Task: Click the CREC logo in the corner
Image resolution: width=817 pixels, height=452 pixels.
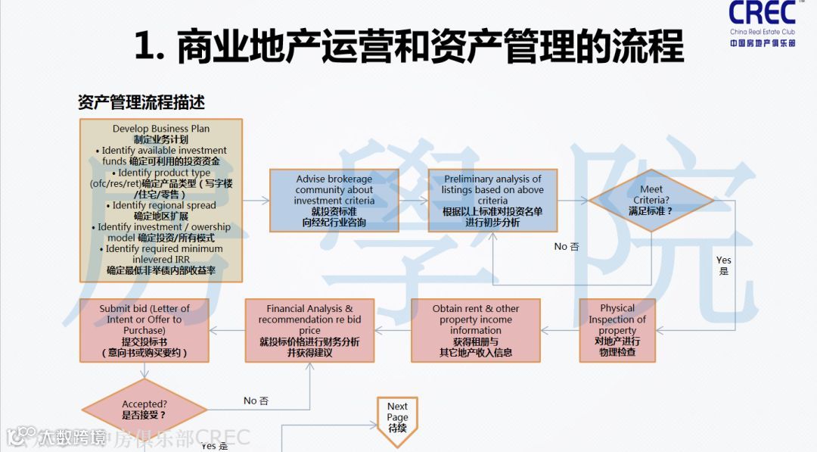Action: coord(762,14)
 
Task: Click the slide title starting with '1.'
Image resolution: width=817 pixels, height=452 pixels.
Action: coord(408,47)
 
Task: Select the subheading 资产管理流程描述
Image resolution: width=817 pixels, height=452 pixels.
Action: coord(141,101)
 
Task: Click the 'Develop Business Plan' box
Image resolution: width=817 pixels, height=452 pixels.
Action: coord(161,200)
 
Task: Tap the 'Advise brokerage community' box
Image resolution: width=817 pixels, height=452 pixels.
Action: coord(334,201)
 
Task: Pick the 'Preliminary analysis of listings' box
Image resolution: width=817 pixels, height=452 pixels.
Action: coord(492,201)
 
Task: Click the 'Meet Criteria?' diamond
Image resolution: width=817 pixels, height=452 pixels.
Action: coord(651,200)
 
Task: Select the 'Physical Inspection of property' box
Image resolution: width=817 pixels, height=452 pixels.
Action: coord(617,330)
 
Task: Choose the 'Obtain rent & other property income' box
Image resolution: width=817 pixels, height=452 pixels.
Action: coord(476,330)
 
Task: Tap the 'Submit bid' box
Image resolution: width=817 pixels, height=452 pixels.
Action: coord(144,330)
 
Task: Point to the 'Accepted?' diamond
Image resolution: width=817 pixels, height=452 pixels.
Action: coord(144,410)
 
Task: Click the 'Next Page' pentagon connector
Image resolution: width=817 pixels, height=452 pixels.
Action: coord(397,418)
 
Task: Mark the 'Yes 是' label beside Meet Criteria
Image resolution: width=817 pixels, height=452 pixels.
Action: coord(724,265)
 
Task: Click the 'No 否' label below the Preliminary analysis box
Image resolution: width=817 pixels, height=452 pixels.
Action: coord(566,246)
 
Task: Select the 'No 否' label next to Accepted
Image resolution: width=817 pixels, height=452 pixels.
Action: coord(256,400)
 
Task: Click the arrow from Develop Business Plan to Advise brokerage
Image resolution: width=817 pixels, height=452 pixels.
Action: coord(256,201)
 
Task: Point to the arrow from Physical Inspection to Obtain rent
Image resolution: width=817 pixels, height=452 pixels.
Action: coord(560,330)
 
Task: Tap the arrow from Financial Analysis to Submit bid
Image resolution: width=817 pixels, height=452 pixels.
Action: coord(226,330)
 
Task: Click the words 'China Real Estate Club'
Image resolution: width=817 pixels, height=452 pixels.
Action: coord(763,32)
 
